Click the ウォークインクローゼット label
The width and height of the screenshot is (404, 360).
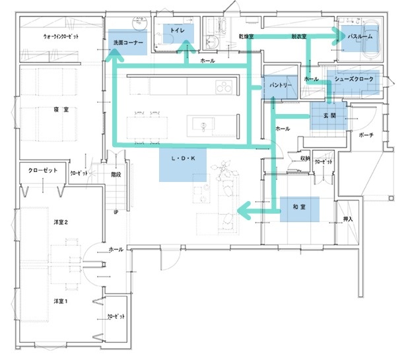coord(61,37)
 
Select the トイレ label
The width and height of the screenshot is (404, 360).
coord(176,31)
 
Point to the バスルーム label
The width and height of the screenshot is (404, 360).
coord(360,38)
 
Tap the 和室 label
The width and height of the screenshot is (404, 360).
coord(300,208)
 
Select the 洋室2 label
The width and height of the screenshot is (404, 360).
coord(61,222)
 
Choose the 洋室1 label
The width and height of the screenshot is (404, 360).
coord(61,301)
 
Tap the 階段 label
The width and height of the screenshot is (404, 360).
coord(116,175)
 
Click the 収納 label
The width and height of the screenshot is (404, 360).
coord(305,158)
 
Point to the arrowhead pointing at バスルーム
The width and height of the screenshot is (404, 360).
coord(341,38)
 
